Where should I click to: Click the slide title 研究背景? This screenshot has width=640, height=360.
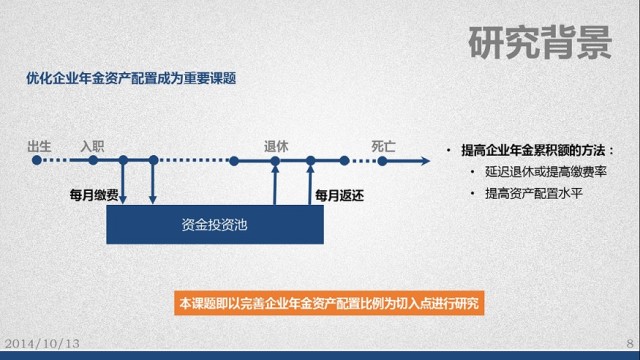point(540,41)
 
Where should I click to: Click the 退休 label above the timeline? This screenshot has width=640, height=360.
point(276,145)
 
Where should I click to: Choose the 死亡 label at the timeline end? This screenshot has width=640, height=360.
point(383,145)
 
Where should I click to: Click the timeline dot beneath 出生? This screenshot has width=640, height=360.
point(40,159)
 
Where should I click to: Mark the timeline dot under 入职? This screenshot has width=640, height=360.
point(92,159)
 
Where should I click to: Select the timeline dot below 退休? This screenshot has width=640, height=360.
point(276,159)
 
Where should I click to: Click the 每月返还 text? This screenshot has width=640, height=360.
point(340,194)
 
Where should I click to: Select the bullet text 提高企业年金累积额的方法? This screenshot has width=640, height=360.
point(535,150)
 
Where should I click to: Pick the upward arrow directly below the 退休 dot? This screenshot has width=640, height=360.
point(276,185)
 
